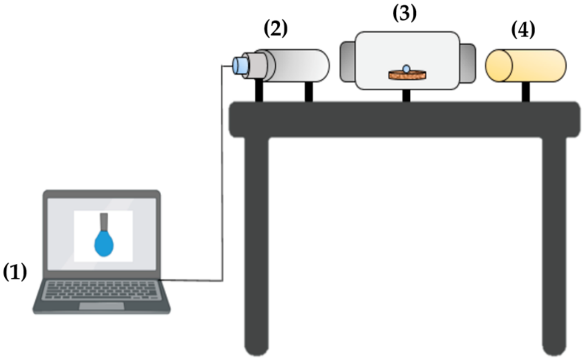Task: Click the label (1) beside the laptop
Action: (x=15, y=272)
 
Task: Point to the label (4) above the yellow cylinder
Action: (x=523, y=30)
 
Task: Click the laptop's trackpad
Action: (x=101, y=306)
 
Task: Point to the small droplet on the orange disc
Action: (x=406, y=69)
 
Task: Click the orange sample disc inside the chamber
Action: (x=408, y=75)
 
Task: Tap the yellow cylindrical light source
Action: (x=526, y=66)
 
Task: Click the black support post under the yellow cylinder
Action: (x=525, y=92)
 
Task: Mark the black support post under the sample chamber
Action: (x=406, y=96)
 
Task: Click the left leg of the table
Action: (x=256, y=244)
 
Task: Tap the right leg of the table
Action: (x=554, y=244)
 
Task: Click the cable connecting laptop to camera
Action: (x=222, y=177)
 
